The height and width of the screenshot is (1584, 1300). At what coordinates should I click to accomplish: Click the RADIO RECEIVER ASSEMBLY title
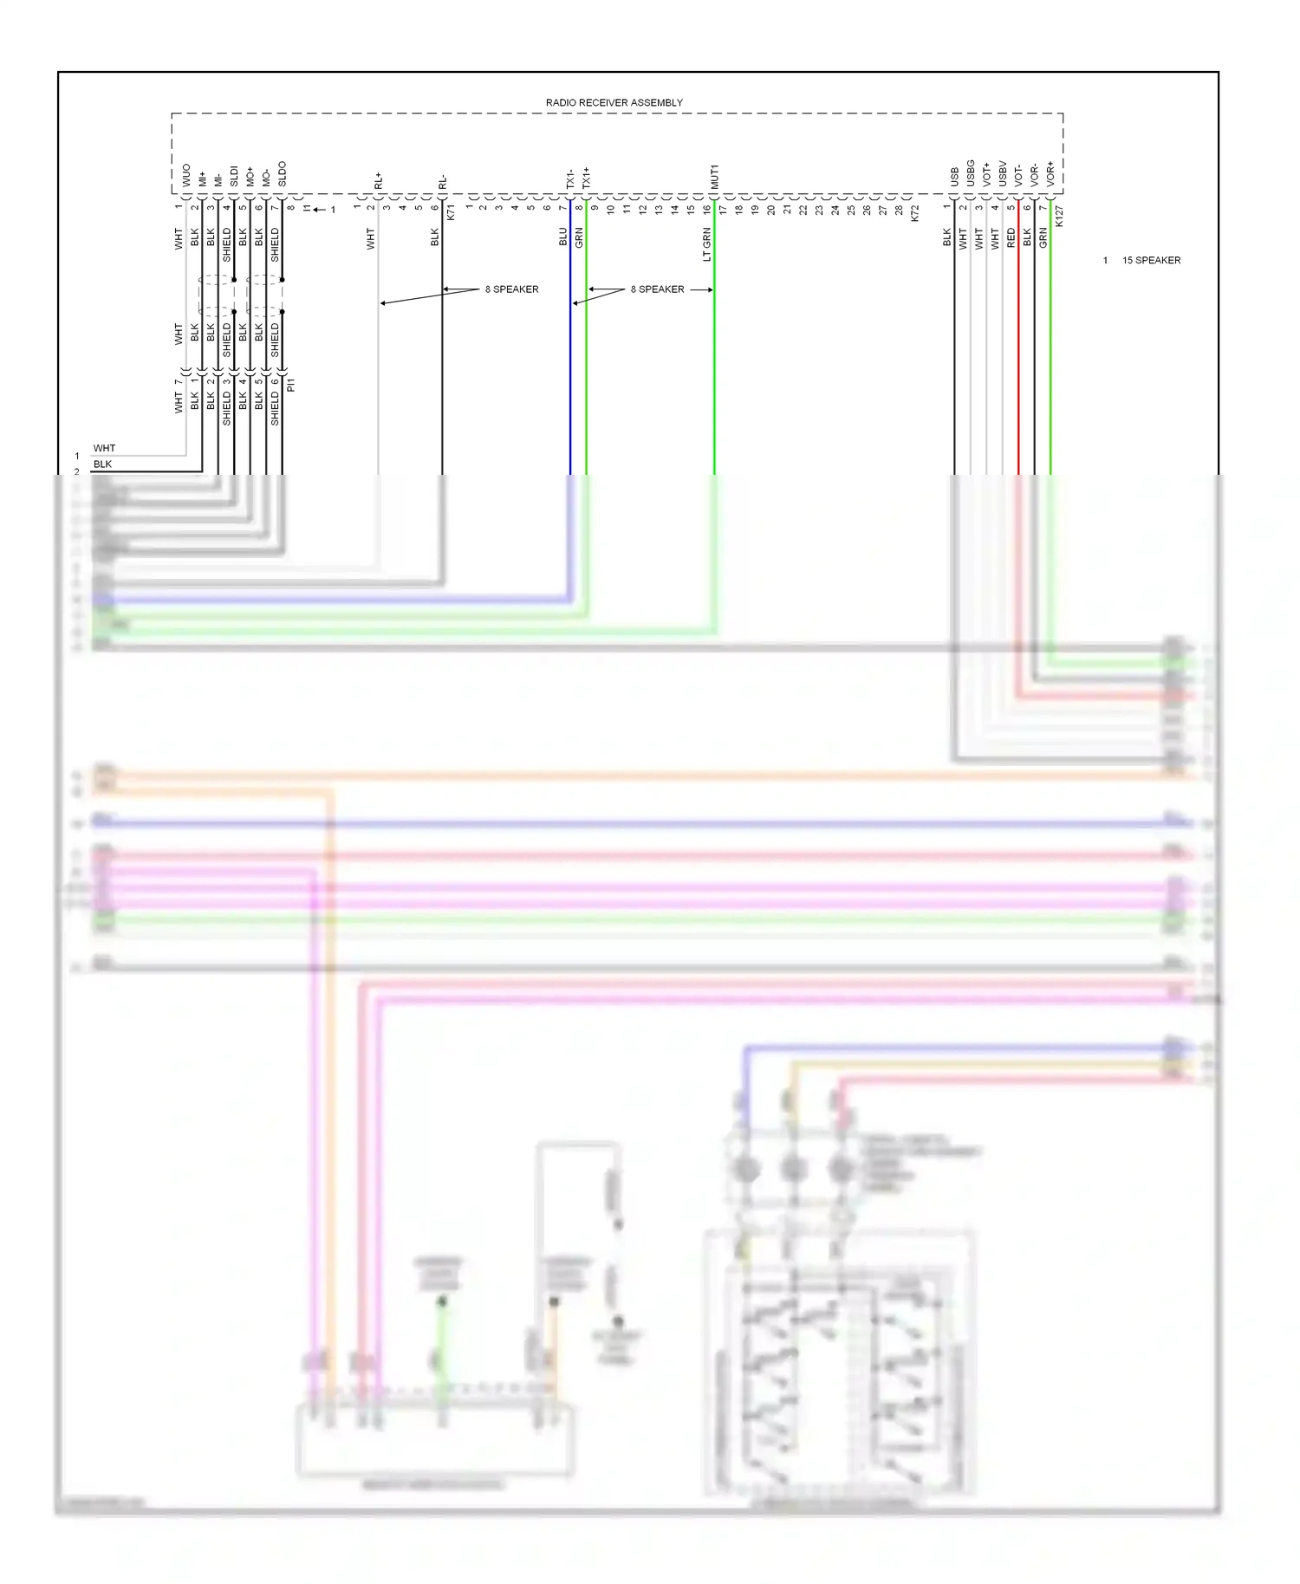[614, 102]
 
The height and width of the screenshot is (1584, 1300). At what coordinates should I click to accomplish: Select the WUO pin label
[185, 175]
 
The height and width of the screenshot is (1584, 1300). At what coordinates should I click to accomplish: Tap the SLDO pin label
[282, 173]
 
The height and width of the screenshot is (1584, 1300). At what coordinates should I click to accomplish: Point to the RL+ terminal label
[378, 180]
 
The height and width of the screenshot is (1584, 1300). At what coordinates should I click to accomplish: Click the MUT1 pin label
[714, 177]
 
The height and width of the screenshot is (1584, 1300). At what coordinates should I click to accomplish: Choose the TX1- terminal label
[569, 179]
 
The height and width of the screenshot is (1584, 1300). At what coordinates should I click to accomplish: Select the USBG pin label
[970, 173]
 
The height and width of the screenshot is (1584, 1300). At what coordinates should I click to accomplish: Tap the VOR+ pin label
[1050, 174]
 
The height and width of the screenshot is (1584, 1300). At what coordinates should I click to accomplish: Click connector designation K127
[1059, 217]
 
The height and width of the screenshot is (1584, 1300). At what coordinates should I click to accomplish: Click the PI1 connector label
[291, 385]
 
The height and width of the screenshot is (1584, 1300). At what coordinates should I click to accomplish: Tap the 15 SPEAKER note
[1151, 260]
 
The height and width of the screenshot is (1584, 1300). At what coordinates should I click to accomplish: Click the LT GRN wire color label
[706, 244]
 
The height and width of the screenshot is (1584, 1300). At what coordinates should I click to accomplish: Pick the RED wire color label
[1011, 238]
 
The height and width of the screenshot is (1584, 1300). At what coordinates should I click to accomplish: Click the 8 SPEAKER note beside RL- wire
[511, 289]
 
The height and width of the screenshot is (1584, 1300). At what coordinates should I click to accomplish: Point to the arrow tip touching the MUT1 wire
[712, 289]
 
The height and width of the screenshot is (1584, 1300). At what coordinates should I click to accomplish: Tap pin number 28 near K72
[899, 210]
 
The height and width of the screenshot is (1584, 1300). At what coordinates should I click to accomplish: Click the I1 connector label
[307, 209]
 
